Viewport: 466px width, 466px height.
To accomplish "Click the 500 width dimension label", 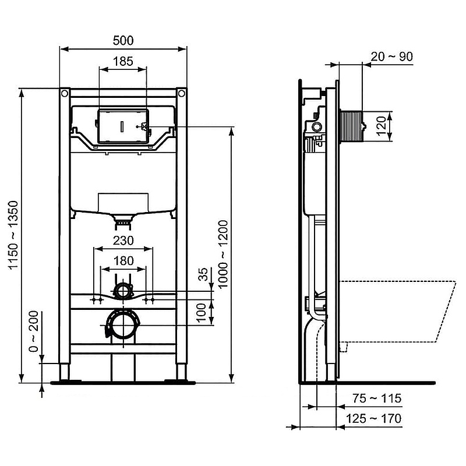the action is point(123,40).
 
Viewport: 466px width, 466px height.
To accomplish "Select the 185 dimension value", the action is point(123,62).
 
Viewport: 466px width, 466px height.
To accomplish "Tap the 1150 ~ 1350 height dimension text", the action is point(13,235).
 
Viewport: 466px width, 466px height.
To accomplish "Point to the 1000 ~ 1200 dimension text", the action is point(223,254).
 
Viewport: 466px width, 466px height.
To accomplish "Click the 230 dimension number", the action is point(123,241).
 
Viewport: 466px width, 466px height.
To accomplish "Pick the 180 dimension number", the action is point(123,261).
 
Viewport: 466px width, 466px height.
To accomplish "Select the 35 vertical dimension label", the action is point(203,274).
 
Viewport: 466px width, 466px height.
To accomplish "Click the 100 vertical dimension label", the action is point(202,312).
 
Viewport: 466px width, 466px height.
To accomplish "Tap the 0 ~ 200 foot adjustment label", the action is point(34,331).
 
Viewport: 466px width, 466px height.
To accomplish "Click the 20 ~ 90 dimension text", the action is point(392,57).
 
